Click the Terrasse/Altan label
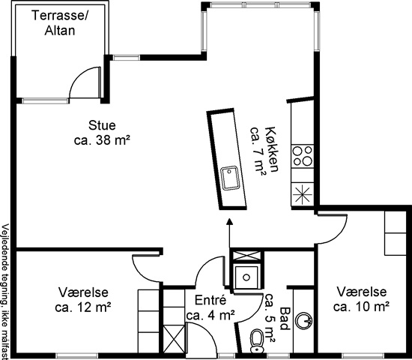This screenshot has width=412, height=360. [x=60, y=23]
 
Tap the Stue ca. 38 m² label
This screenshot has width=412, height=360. [x=102, y=133]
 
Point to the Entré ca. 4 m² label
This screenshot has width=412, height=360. [x=210, y=307]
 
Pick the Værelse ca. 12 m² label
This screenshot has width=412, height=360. [x=82, y=299]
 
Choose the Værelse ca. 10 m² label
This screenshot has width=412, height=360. [x=361, y=299]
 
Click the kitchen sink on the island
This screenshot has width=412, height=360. [x=230, y=178]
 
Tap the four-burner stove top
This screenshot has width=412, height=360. [x=303, y=156]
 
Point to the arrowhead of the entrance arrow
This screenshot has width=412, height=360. [x=230, y=222]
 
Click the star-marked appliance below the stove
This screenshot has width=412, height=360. [x=303, y=194]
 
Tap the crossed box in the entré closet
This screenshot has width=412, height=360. [x=174, y=338]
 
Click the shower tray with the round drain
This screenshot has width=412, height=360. [x=246, y=277]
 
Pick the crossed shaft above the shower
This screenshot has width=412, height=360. [x=246, y=256]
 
